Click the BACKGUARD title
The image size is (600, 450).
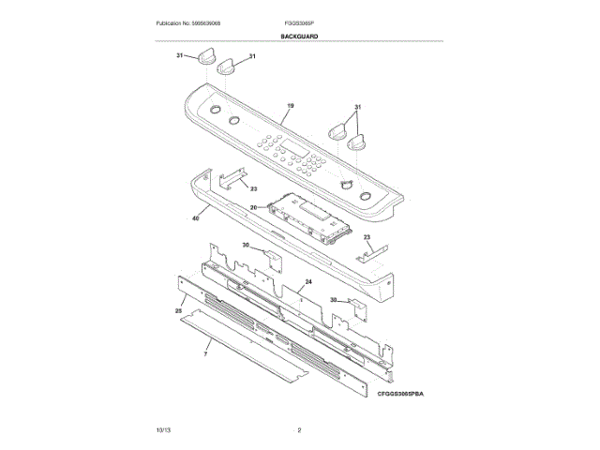[299, 36]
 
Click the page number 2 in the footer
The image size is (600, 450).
[299, 429]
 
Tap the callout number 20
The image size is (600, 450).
[253, 207]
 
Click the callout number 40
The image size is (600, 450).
[195, 218]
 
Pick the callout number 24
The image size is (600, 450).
[307, 282]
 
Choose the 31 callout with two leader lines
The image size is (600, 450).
[357, 107]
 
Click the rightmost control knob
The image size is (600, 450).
[356, 144]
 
